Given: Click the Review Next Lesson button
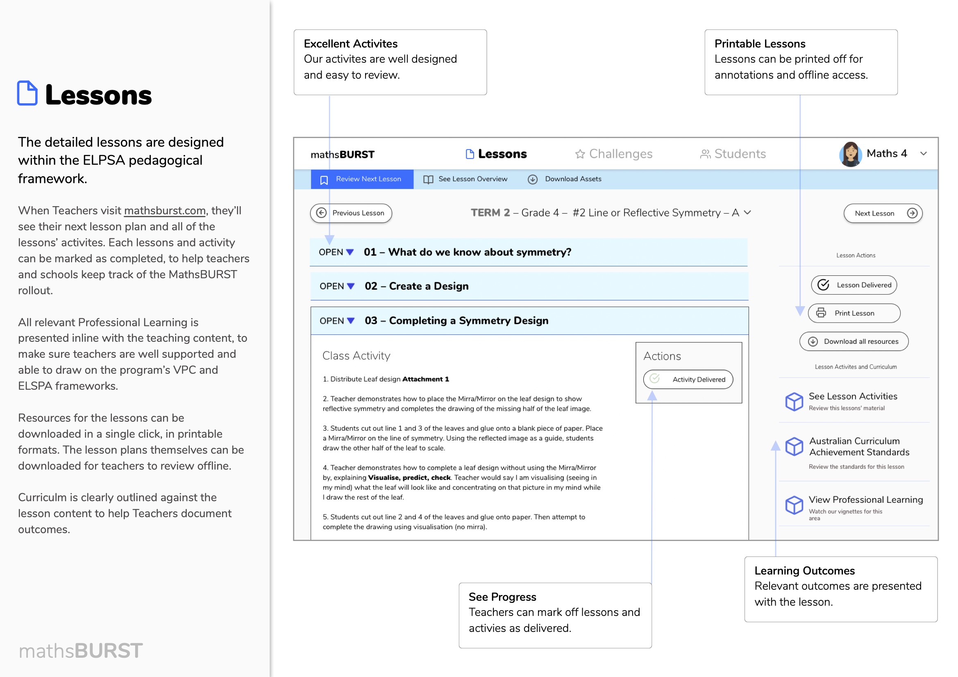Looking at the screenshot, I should click(x=362, y=179).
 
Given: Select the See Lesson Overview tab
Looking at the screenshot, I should click(x=465, y=179).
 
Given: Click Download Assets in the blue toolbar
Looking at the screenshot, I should click(x=565, y=179).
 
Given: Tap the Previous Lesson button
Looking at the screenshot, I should click(x=351, y=213).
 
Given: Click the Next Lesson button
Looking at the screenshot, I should click(x=883, y=213).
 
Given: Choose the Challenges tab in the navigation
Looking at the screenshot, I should click(x=614, y=154).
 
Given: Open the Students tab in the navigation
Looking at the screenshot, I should click(x=733, y=154).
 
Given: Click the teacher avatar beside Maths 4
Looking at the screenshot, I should click(x=850, y=154).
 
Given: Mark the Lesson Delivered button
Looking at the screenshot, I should click(x=854, y=285).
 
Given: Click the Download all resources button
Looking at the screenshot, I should click(x=854, y=341).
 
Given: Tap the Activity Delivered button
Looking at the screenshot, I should click(x=688, y=379).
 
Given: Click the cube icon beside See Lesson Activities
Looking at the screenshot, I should click(x=794, y=402).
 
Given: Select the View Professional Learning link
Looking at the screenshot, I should click(x=865, y=500).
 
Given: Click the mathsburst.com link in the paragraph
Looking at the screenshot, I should click(x=165, y=211).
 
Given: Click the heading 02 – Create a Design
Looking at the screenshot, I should click(x=416, y=286).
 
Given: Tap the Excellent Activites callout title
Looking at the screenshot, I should click(x=350, y=44).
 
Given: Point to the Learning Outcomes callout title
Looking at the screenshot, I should click(x=804, y=570).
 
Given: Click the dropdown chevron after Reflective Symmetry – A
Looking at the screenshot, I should click(x=747, y=213).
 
